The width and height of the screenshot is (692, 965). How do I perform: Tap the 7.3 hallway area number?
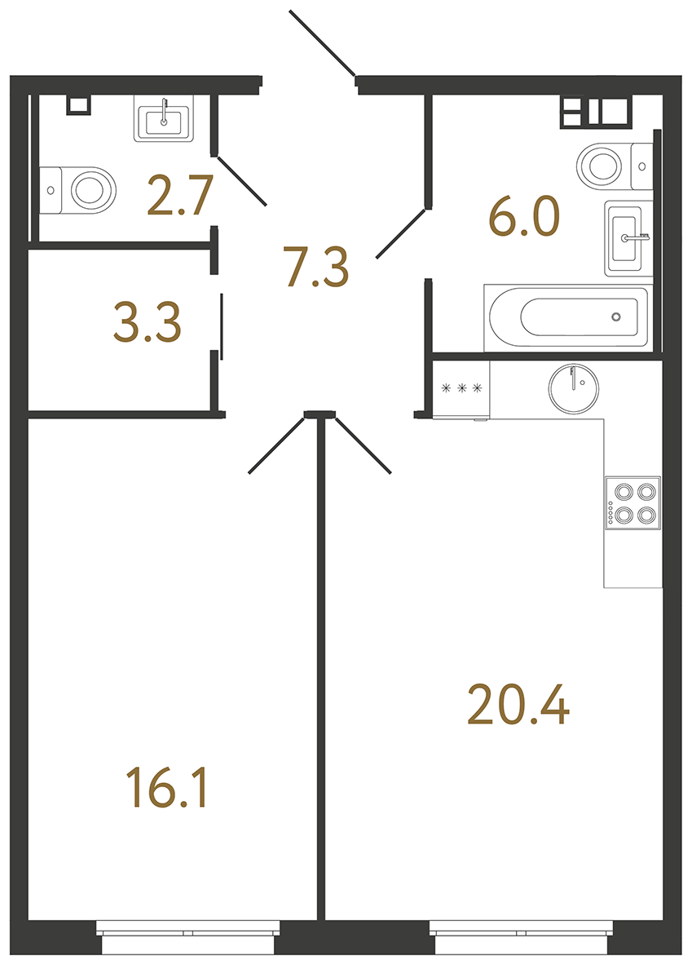point(316,267)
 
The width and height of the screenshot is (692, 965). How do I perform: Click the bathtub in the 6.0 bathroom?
point(567,317)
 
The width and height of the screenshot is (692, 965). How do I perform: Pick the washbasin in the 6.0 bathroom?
point(628,238)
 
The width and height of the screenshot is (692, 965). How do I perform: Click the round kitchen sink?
point(574,387)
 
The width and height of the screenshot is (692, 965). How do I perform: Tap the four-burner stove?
point(632,503)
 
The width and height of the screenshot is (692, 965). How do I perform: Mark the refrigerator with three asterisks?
point(461,389)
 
